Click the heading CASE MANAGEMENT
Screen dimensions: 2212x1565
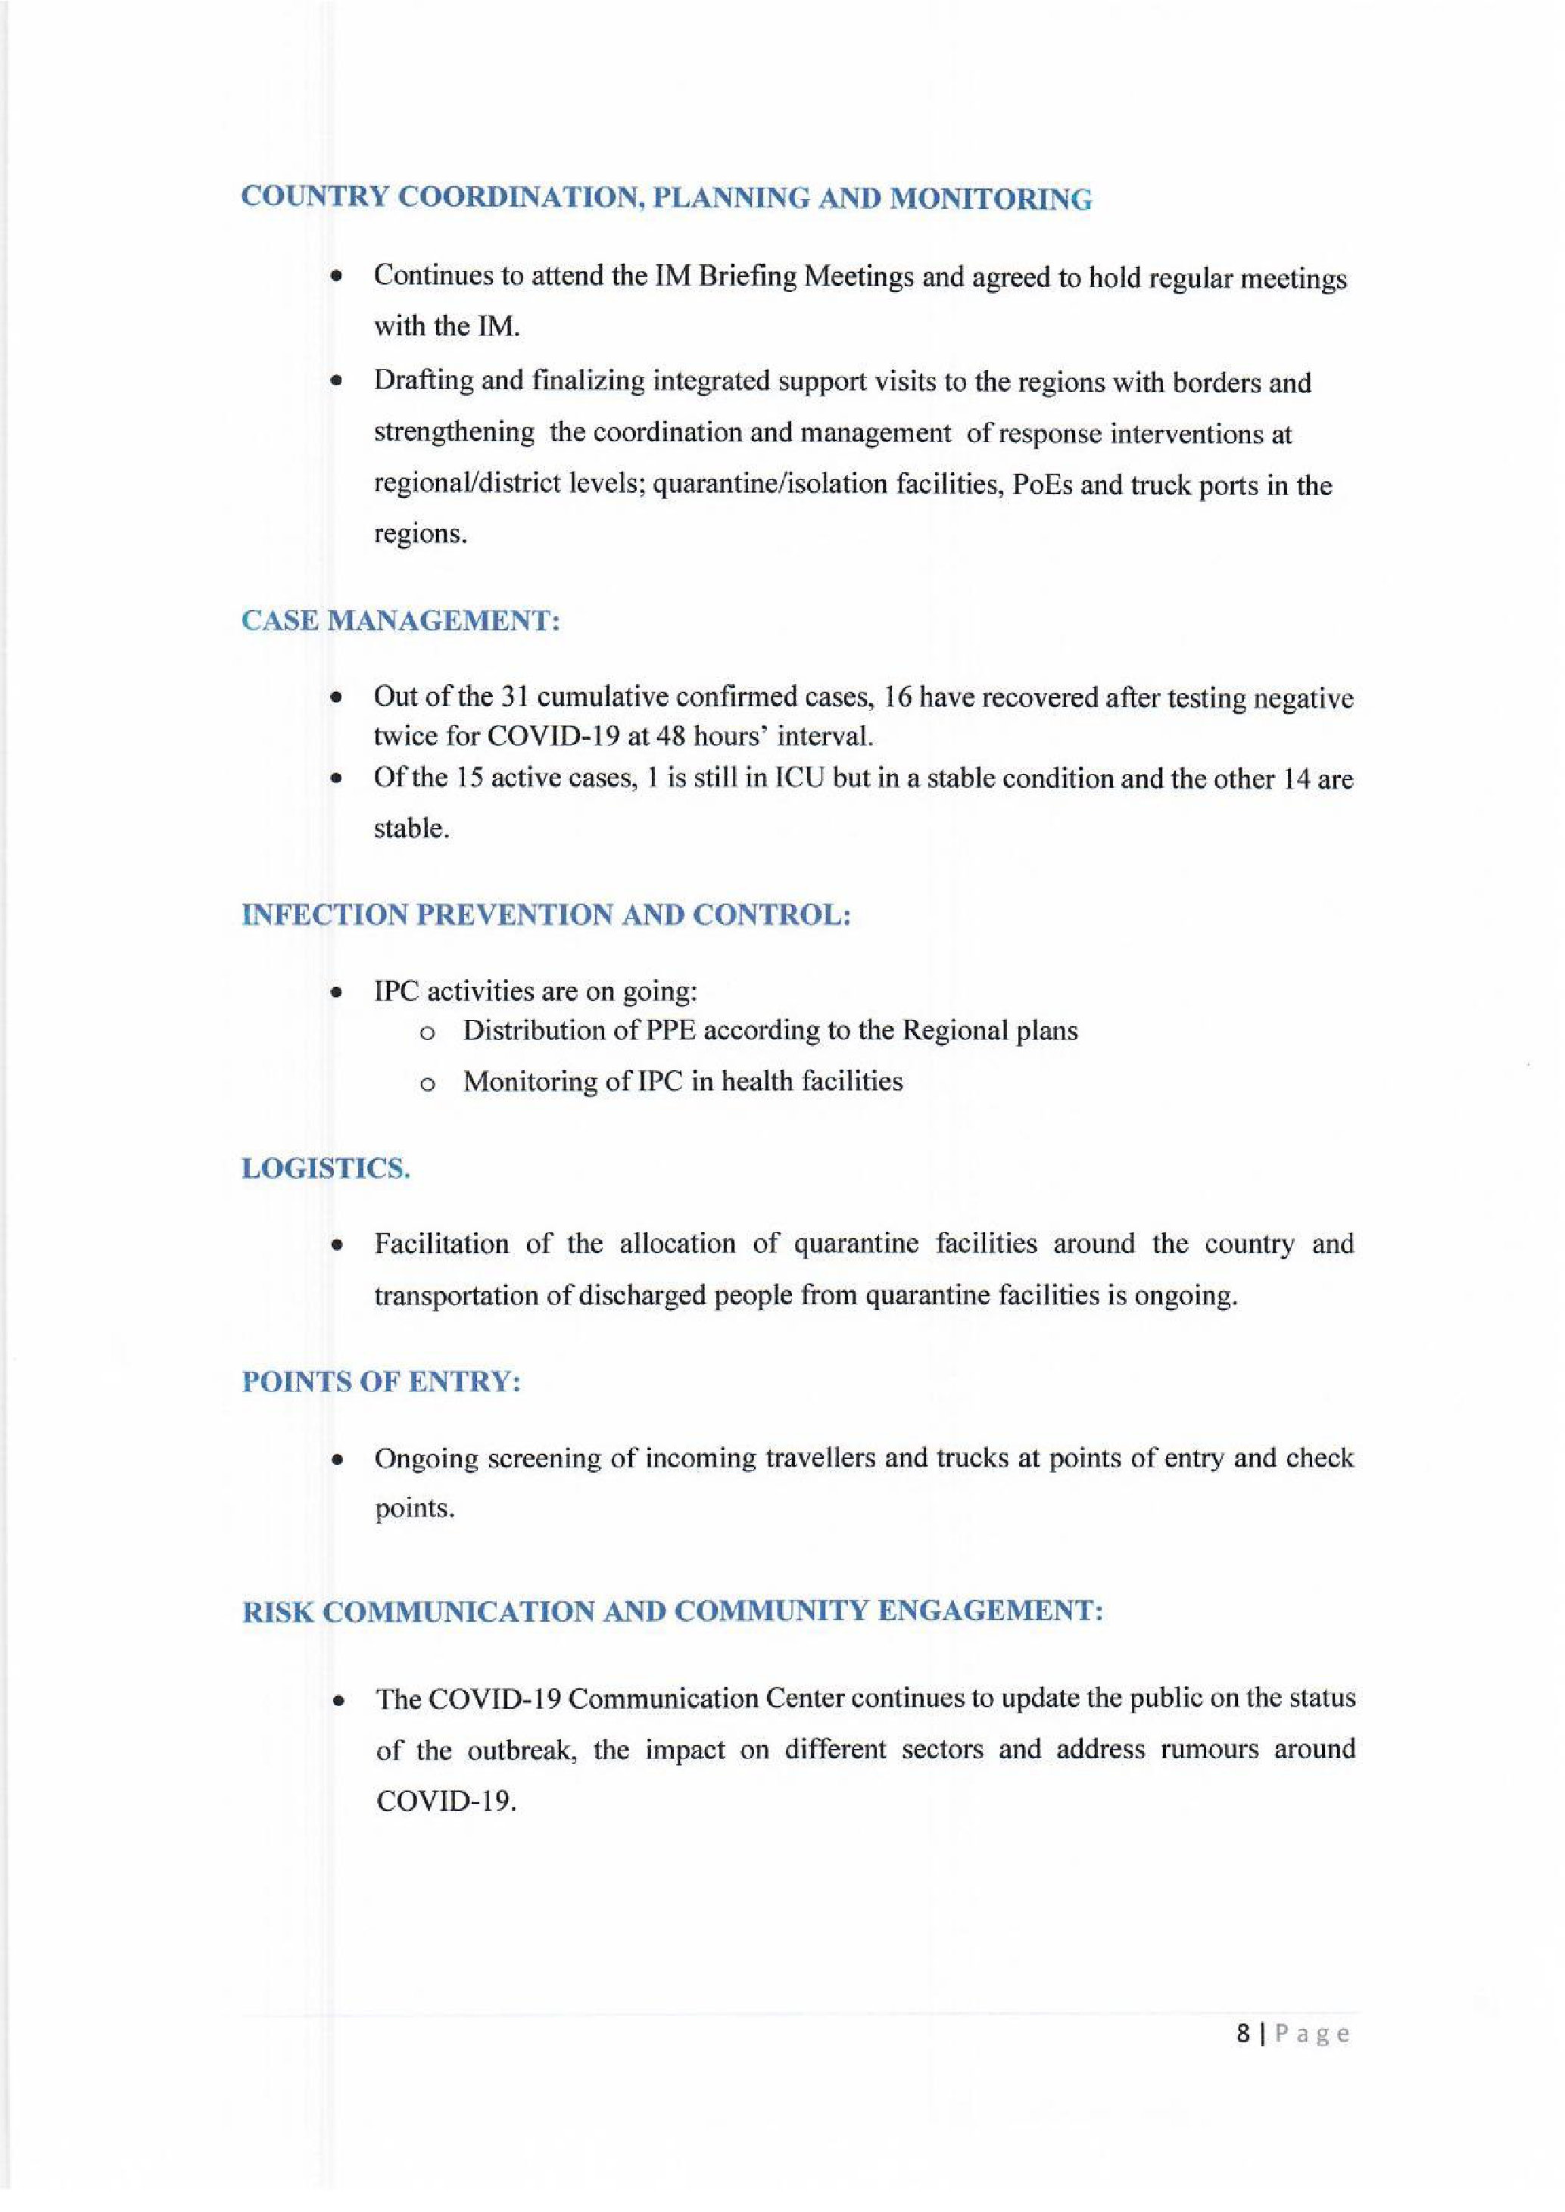400,621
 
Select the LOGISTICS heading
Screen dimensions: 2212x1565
326,1168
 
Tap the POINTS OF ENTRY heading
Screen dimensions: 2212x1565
382,1383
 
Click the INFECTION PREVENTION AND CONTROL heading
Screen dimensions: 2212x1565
547,914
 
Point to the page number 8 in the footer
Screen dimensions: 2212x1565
1244,2033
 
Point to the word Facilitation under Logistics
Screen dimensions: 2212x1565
441,1244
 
